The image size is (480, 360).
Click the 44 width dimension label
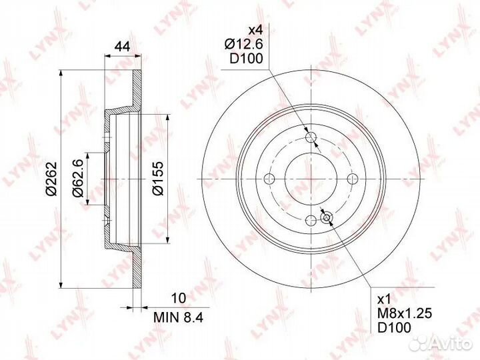pos(122,47)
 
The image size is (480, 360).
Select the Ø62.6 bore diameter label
pos(77,179)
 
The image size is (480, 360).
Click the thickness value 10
pos(179,297)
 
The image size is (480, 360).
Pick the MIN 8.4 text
pos(179,317)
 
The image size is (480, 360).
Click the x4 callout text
pos(255,30)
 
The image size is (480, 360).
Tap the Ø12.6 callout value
pos(244,45)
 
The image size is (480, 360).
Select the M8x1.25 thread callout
pos(405,313)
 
